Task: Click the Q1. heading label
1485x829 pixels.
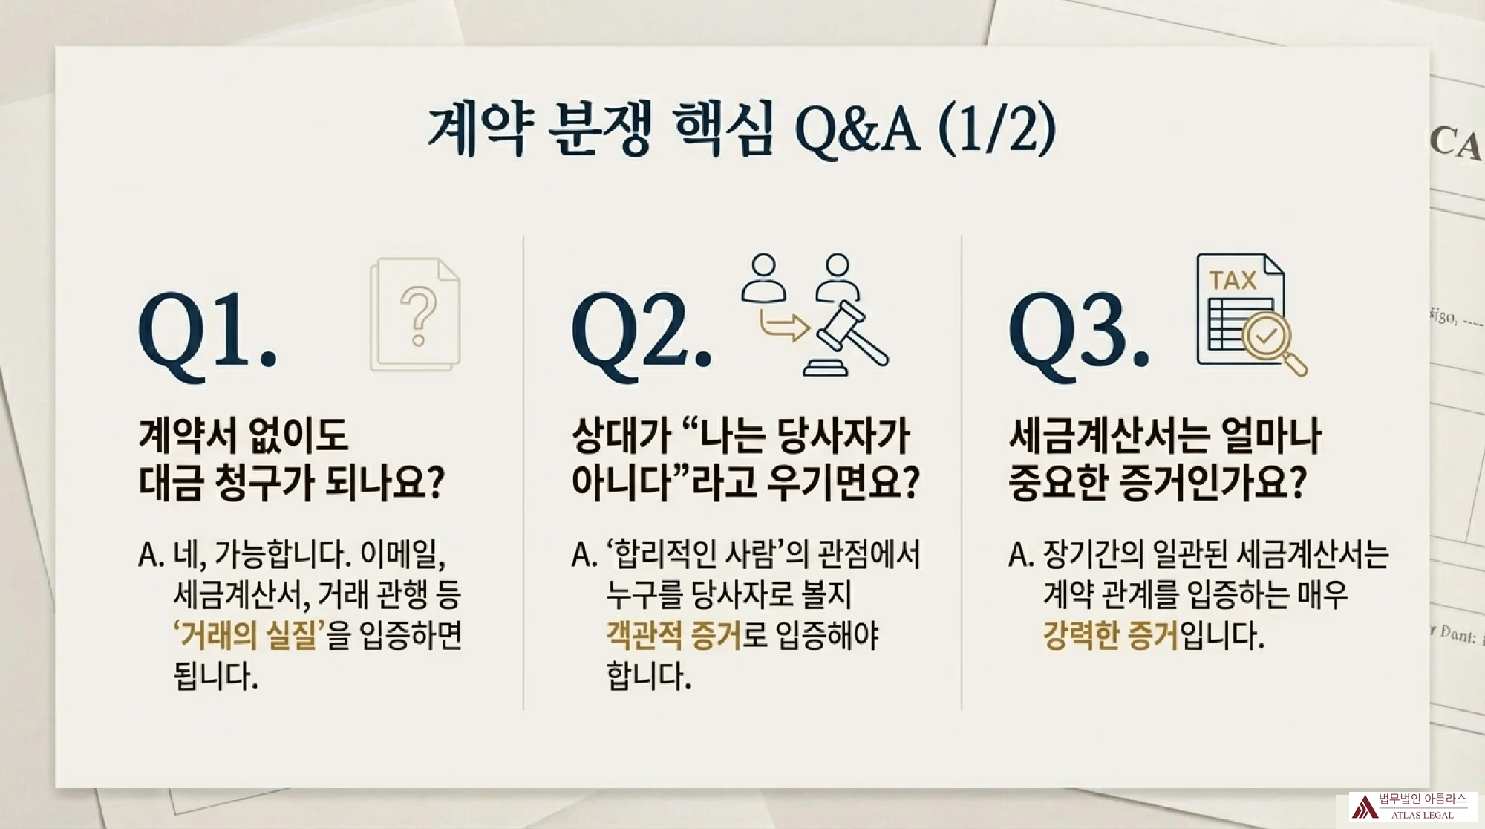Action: pyautogui.click(x=208, y=332)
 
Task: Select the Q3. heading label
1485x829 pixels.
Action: pyautogui.click(x=1078, y=332)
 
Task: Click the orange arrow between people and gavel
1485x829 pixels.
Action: pyautogui.click(x=783, y=325)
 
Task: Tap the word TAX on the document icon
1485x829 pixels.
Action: pyautogui.click(x=1233, y=281)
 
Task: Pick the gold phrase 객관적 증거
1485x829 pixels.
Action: pyautogui.click(x=673, y=635)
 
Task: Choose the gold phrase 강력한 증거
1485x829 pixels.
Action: pyautogui.click(x=1110, y=635)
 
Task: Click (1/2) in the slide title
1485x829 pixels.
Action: pyautogui.click(x=997, y=130)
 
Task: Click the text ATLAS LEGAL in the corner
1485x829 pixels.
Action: pyautogui.click(x=1423, y=815)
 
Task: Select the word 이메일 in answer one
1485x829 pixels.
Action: pyautogui.click(x=402, y=554)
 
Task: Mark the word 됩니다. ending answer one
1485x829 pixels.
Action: pyautogui.click(x=215, y=676)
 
